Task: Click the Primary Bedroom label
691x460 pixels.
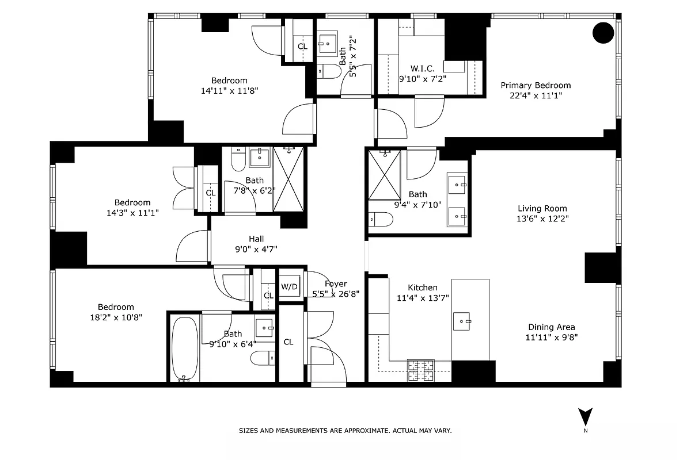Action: point(536,85)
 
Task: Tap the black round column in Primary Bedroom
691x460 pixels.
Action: point(603,33)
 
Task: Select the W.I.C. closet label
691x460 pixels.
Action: point(423,68)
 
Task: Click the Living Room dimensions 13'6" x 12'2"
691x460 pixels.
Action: point(542,218)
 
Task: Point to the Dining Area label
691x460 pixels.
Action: point(551,327)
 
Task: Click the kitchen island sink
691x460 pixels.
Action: point(462,321)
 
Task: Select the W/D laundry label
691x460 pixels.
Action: point(289,286)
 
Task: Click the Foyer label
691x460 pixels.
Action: point(336,283)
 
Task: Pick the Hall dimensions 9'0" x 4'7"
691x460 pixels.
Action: point(256,249)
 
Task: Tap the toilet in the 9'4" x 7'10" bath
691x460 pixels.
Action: point(381,219)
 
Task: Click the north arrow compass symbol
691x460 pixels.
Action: point(586,417)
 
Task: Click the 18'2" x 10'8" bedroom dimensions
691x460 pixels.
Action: point(116,317)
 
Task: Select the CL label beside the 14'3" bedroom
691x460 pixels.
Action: point(211,193)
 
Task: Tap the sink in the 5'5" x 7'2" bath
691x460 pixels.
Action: point(328,43)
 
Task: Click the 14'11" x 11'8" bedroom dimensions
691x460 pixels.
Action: point(229,90)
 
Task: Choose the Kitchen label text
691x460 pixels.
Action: point(423,287)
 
